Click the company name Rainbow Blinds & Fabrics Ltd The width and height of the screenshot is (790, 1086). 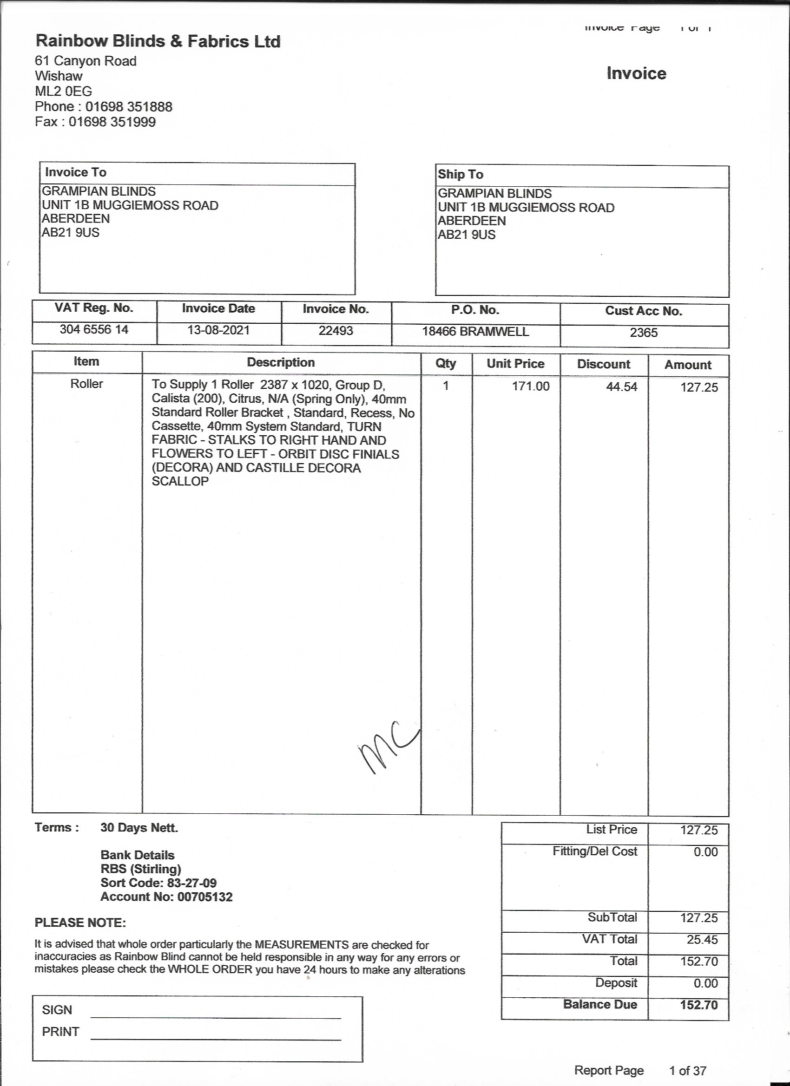[x=158, y=42]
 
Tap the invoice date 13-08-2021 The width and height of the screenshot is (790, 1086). [x=218, y=330]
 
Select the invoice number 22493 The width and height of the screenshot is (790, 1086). [x=336, y=330]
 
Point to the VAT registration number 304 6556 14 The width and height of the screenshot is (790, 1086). [x=94, y=329]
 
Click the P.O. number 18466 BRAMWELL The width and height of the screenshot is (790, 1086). [x=475, y=331]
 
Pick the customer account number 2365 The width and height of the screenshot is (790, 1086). [x=644, y=332]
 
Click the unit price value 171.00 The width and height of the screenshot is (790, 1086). [x=530, y=386]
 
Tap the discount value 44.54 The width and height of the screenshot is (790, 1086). [x=621, y=387]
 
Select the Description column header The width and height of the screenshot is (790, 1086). [x=281, y=362]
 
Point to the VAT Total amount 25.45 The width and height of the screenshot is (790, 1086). [x=702, y=940]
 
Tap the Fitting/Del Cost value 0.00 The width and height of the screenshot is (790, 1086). [x=705, y=852]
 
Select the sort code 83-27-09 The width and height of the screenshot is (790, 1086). [x=191, y=883]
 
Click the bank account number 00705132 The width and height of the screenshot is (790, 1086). [x=204, y=897]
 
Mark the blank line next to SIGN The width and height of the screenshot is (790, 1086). [x=216, y=1018]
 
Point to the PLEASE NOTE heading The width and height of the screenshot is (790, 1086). [x=80, y=922]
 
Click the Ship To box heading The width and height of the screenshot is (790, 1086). [x=460, y=174]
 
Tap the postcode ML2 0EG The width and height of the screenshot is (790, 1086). [x=63, y=91]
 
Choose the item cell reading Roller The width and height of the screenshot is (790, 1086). [x=87, y=384]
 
